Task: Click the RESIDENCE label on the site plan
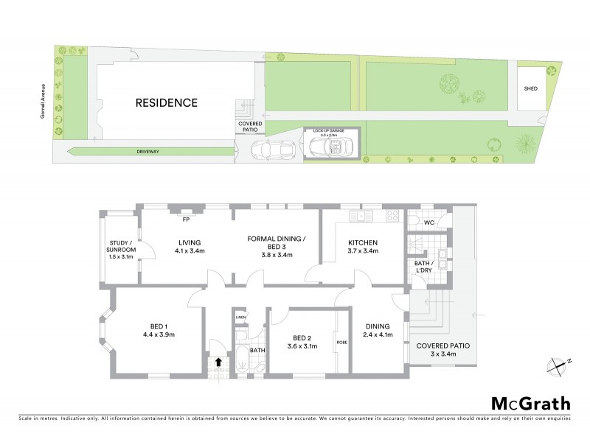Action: point(166,102)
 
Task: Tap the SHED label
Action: point(530,88)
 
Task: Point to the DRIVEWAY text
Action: point(148,151)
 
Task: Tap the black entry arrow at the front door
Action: point(218,362)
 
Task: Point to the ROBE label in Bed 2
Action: point(341,342)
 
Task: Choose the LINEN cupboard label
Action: point(240,318)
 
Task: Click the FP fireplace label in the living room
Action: point(186,219)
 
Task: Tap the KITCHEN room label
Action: point(363,242)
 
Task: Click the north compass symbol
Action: point(558,364)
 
